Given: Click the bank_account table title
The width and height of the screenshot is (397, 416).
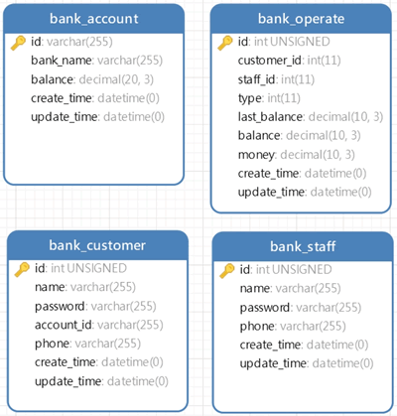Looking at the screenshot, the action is pyautogui.click(x=94, y=19).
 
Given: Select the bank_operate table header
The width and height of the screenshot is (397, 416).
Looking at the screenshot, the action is pyautogui.click(x=301, y=19).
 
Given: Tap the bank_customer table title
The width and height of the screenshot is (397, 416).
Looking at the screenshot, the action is pyautogui.click(x=97, y=245).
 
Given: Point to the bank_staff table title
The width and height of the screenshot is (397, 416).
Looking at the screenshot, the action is pyautogui.click(x=303, y=246).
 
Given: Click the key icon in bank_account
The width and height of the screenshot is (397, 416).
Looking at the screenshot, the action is pyautogui.click(x=18, y=43).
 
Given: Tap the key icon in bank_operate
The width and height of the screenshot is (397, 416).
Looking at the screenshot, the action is pyautogui.click(x=225, y=43).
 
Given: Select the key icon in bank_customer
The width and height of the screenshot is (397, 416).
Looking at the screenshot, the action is pyautogui.click(x=22, y=269).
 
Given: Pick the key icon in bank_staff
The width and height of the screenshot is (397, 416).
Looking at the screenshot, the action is pyautogui.click(x=227, y=271).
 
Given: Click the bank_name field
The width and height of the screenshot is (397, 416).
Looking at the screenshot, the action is pyautogui.click(x=96, y=61).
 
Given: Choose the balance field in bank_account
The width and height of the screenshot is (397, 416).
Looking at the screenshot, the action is pyautogui.click(x=92, y=79).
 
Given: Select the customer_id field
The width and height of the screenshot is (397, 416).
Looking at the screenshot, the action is pyautogui.click(x=289, y=61).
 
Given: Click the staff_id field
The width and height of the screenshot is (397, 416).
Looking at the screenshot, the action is pyautogui.click(x=276, y=79).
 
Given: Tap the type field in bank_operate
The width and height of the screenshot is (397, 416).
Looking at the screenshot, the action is pyautogui.click(x=269, y=98).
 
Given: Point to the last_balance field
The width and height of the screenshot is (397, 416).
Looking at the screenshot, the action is pyautogui.click(x=311, y=117).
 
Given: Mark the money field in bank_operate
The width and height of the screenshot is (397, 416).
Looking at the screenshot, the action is pyautogui.click(x=297, y=155).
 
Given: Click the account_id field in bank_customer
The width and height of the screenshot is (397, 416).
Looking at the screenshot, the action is pyautogui.click(x=99, y=325).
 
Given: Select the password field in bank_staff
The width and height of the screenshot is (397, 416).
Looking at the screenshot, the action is pyautogui.click(x=301, y=308).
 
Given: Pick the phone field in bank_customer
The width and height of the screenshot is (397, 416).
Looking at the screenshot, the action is pyautogui.click(x=87, y=344).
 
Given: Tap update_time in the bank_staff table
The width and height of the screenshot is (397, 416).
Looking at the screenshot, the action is pyautogui.click(x=307, y=363).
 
